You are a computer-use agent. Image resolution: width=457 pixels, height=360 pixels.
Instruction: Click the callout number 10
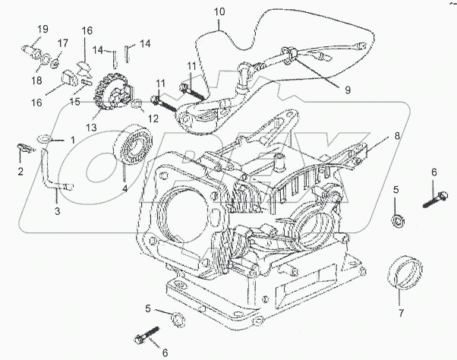tap(219, 13)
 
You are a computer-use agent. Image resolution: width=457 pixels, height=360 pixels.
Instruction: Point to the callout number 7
tap(402, 312)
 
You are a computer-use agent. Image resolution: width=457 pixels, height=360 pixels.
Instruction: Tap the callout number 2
tap(20, 172)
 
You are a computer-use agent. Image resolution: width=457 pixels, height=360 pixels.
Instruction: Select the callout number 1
tap(73, 140)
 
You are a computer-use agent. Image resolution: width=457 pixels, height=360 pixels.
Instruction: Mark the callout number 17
tap(63, 43)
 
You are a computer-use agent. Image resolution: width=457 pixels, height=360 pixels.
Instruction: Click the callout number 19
tap(43, 29)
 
